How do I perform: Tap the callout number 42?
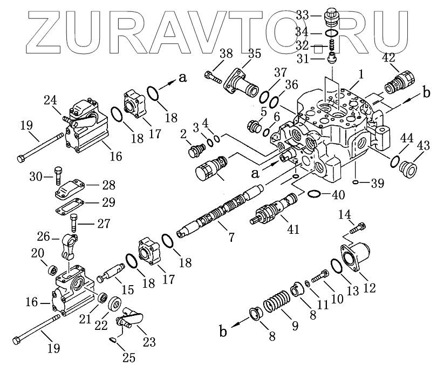388,57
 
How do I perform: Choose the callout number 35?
254,53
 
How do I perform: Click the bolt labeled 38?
214,77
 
